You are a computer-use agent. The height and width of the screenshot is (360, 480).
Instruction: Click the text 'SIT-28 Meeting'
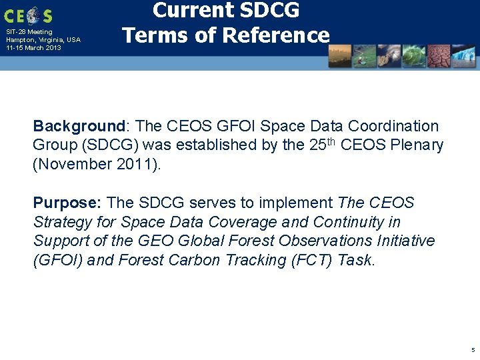pos(29,32)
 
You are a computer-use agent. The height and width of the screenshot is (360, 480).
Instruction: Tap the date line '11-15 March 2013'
pos(33,47)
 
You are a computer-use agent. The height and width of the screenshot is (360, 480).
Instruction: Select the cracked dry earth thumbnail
pos(439,56)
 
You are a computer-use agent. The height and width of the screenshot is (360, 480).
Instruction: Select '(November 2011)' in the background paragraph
pos(97,164)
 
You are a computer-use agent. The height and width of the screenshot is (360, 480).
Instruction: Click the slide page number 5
pos(473,350)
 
